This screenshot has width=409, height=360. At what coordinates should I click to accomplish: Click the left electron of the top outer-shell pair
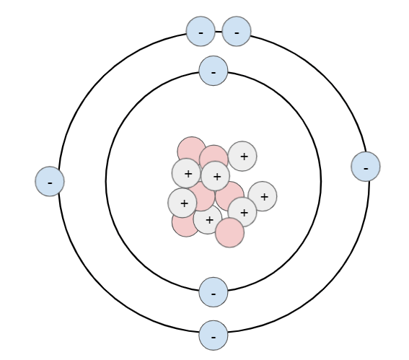tap(201, 31)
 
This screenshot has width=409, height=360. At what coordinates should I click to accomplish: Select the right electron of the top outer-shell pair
tap(237, 31)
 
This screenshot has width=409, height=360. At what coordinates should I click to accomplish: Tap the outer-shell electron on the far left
tap(50, 181)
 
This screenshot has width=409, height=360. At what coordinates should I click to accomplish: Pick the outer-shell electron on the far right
tap(366, 167)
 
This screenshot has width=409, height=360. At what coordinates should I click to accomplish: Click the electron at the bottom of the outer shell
tap(214, 335)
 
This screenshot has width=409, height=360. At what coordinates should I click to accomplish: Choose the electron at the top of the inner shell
tap(214, 71)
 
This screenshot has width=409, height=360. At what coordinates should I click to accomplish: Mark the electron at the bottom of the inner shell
tap(214, 292)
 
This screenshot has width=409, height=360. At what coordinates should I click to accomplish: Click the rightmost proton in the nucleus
tap(263, 196)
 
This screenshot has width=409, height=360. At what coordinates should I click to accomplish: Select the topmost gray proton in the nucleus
tap(242, 156)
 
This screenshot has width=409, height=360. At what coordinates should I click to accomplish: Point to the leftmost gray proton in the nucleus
tap(182, 203)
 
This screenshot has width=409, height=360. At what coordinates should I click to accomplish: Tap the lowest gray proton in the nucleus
tap(208, 219)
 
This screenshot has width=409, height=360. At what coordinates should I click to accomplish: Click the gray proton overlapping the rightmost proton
tap(242, 212)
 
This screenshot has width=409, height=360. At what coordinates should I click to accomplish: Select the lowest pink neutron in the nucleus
tap(230, 233)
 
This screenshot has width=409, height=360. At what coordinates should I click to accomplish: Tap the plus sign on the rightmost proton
tap(264, 197)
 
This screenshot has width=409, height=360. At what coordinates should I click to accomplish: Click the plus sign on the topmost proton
tap(244, 157)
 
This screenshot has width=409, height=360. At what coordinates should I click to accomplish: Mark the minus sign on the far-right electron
tap(366, 169)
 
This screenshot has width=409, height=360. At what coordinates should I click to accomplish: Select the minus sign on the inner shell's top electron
tap(214, 73)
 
